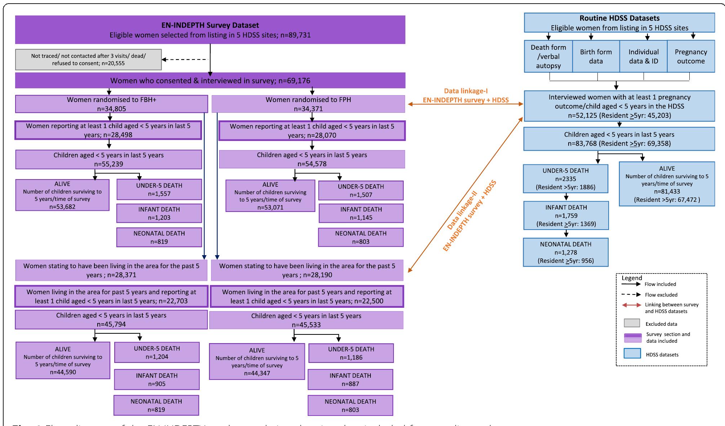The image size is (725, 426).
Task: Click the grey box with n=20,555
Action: (x=88, y=59)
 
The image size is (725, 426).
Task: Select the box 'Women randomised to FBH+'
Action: (x=111, y=104)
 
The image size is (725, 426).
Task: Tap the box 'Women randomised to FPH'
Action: (x=308, y=104)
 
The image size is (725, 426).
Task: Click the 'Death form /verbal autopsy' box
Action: (x=548, y=56)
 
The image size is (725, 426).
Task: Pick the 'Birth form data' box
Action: (x=596, y=56)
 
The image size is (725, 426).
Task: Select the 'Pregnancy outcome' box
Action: (x=690, y=56)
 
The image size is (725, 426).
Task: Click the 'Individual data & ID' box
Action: (x=643, y=56)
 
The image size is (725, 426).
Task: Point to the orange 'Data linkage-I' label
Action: (x=466, y=92)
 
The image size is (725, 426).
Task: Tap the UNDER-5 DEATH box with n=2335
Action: (x=565, y=179)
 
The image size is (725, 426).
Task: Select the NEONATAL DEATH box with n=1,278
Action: (x=565, y=252)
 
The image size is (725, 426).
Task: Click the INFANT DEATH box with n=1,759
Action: (x=566, y=216)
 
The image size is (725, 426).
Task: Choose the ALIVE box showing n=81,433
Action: (x=667, y=184)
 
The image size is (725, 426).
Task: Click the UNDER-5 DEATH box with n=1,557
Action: (x=159, y=190)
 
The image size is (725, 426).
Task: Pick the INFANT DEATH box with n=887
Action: (x=350, y=380)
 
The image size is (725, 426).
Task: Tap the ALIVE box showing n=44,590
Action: (x=63, y=360)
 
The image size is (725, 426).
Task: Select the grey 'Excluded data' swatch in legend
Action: (x=632, y=323)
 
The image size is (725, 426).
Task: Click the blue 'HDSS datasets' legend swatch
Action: (x=632, y=353)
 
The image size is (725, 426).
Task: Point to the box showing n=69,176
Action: (x=210, y=80)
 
